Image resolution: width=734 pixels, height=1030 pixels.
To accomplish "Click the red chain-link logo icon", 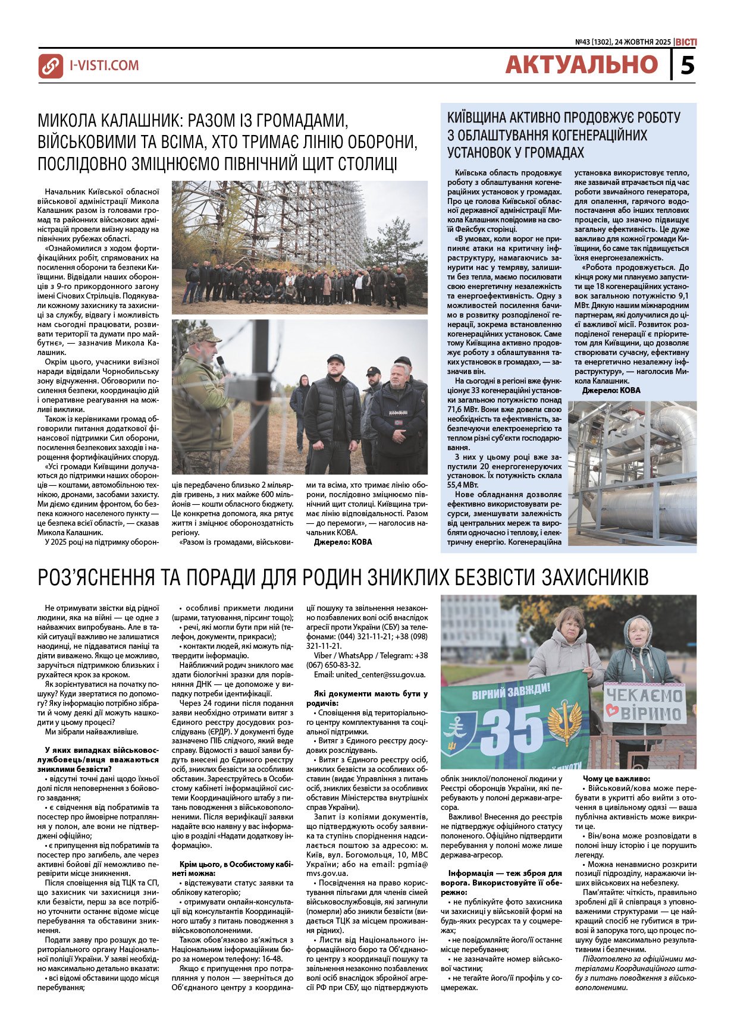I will pos(51,66).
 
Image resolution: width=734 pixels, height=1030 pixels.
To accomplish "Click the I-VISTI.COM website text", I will pos(105,65).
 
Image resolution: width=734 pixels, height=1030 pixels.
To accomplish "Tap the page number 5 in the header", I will pos(687,65).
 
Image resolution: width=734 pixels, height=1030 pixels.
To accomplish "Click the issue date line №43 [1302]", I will pos(623,42).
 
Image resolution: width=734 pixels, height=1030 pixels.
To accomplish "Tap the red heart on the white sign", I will pos(611,712).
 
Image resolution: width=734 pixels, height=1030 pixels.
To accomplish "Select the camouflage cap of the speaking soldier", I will pos(203,335).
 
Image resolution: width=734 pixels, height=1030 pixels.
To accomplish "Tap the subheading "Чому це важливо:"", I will pos(616,778).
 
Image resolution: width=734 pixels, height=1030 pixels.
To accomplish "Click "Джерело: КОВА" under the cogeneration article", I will pos(611,391).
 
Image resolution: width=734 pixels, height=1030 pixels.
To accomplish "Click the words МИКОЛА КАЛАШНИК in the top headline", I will pos(111,120).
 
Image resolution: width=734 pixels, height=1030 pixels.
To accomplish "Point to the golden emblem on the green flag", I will pos(564,721).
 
